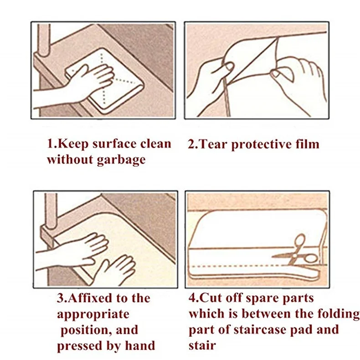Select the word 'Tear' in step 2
(x=215, y=144)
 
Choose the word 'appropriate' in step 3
(x=93, y=314)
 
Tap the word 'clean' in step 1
(x=154, y=144)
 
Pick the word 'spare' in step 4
(x=260, y=298)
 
